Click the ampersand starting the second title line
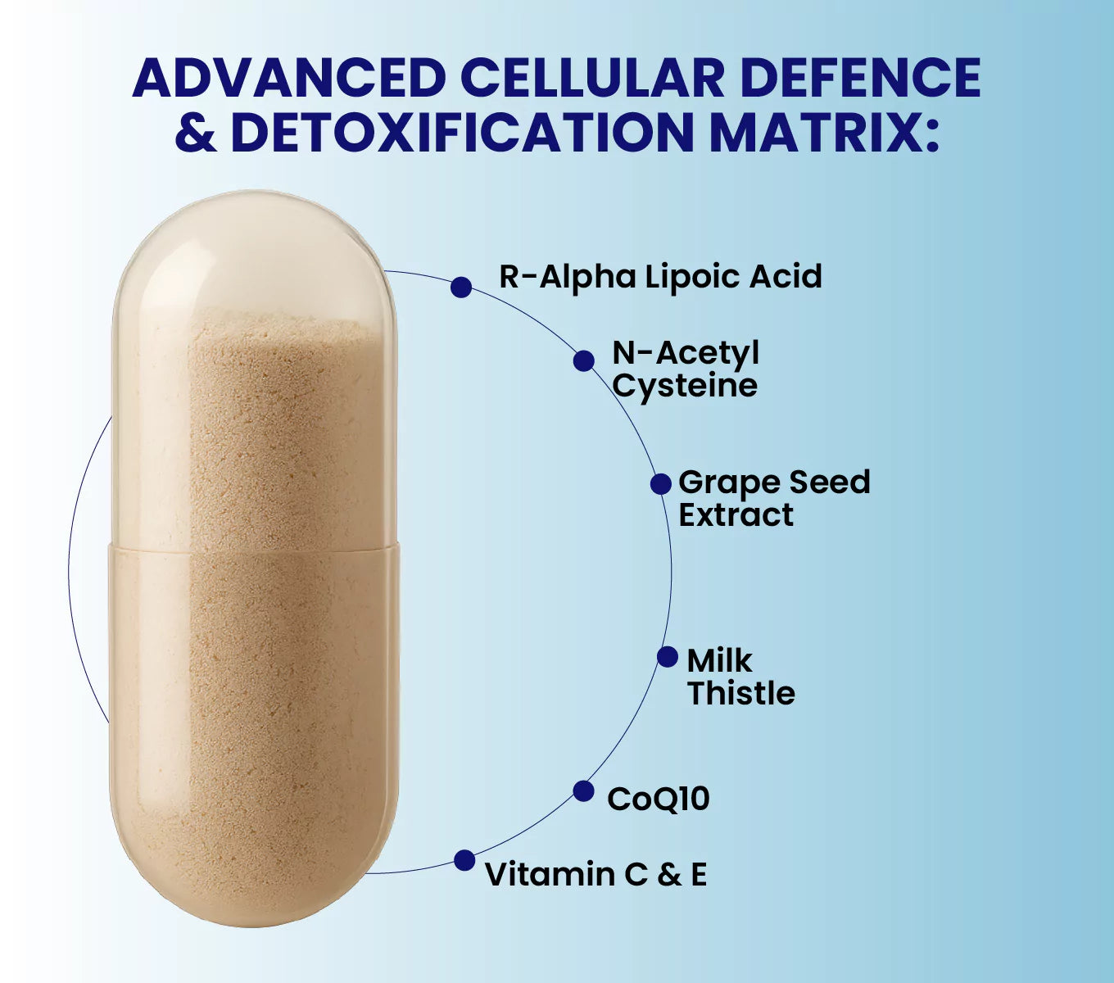tap(196, 132)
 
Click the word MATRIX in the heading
tap(822, 132)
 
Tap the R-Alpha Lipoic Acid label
tap(660, 277)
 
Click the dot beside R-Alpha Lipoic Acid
tap(461, 287)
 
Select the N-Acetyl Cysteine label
tap(686, 369)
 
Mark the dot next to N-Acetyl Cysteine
tap(584, 360)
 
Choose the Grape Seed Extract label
tap(773, 498)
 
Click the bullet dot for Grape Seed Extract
tap(661, 484)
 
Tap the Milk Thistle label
tap(740, 677)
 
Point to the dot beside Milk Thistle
tap(668, 657)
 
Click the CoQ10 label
tap(658, 799)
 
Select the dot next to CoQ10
tap(583, 791)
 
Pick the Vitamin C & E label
tap(595, 874)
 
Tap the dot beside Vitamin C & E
tap(464, 861)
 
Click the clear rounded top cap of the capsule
tap(254, 254)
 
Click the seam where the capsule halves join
tap(254, 546)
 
